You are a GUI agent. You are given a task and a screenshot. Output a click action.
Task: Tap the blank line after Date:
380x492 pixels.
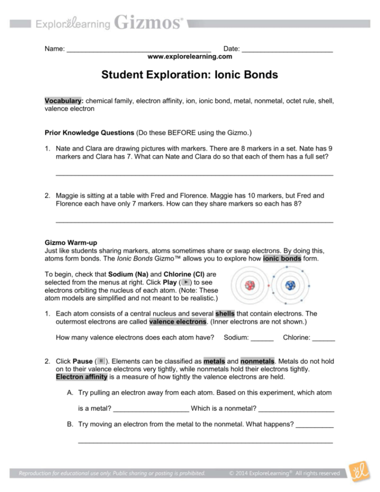[x=287, y=50]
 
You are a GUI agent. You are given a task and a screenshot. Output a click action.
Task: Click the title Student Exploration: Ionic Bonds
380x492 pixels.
[x=190, y=75]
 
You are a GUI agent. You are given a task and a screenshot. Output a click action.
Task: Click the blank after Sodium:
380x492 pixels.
[x=262, y=338]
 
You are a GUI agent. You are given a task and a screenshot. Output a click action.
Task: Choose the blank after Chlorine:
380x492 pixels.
[x=324, y=338]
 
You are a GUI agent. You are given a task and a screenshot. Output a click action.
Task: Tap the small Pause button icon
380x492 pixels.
[x=101, y=362]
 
